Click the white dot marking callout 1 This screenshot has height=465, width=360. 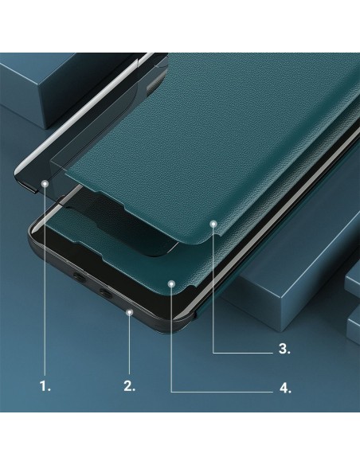click(45, 182)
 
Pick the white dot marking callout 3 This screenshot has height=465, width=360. click(213, 224)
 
